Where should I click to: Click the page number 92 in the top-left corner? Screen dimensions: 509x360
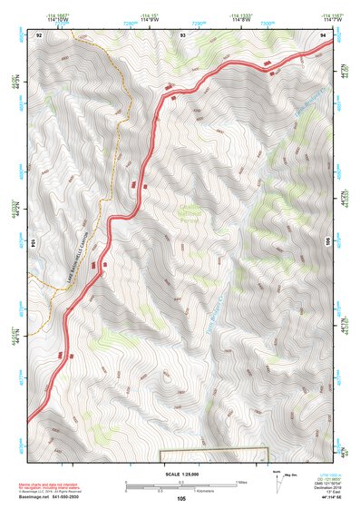pos(39,34)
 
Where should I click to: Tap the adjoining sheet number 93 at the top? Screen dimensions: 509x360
pos(182,34)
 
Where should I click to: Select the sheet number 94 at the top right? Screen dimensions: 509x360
pos(324,34)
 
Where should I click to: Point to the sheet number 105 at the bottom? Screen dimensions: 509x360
pos(181,498)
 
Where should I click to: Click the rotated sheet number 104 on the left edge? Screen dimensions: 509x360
pos(35,243)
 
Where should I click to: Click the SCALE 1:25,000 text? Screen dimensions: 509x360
pos(180,474)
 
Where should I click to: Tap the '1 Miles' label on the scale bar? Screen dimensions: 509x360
pos(241,481)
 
